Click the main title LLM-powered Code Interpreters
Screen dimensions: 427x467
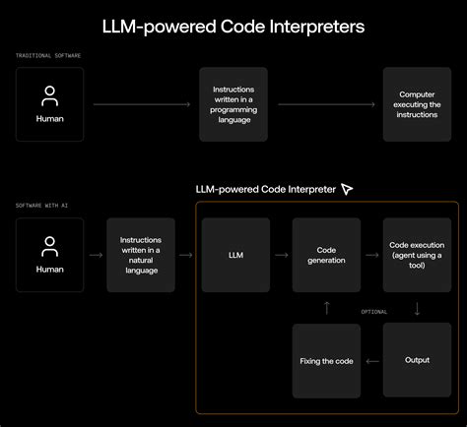233,27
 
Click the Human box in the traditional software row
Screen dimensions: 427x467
50,104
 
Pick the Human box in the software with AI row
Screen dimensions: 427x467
50,255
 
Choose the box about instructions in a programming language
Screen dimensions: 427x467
233,104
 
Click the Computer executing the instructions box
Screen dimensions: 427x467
417,104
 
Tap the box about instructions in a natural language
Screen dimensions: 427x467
142,255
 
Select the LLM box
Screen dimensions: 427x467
234,255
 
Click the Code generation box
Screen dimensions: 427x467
326,255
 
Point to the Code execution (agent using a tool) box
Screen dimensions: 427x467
417,255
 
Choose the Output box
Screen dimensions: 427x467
417,360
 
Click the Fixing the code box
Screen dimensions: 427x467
326,360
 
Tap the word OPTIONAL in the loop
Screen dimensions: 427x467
373,312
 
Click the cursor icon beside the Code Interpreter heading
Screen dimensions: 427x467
346,188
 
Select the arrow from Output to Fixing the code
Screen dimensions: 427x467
371,361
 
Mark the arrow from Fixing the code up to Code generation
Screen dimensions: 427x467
327,308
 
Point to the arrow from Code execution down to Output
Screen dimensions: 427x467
417,308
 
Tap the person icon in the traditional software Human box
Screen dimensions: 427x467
50,95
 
